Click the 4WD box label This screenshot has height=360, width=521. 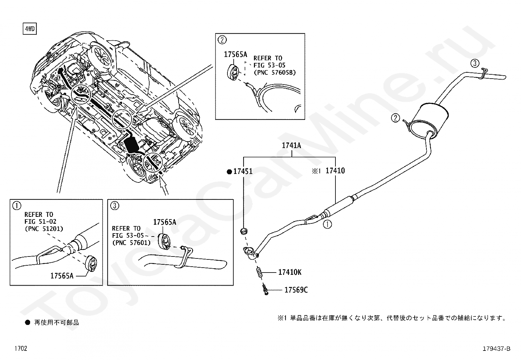[x=30, y=29]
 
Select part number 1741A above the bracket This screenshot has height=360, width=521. [x=292, y=145]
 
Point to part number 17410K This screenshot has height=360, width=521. [x=290, y=272]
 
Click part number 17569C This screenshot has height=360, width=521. [x=296, y=290]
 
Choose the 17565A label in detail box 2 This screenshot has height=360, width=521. [x=235, y=54]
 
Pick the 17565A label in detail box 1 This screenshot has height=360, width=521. [x=62, y=276]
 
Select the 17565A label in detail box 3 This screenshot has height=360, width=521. [x=165, y=222]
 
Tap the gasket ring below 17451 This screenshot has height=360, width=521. [x=243, y=232]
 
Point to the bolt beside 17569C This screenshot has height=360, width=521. [x=265, y=290]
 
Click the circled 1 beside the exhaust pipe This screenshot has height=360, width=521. [x=328, y=224]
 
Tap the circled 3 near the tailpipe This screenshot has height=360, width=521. [x=475, y=63]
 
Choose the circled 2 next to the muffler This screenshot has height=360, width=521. [x=396, y=118]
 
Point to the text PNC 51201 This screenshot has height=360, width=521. [x=44, y=229]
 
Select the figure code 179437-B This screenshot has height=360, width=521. [x=496, y=349]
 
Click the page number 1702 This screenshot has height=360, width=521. [x=21, y=348]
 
